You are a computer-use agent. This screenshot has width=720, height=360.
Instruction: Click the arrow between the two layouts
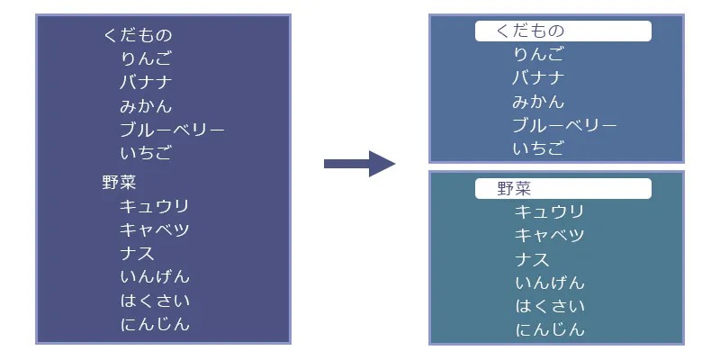(359, 164)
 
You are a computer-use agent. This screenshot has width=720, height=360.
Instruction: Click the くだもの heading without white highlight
(138, 35)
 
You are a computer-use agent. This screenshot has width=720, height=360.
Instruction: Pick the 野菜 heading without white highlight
(120, 183)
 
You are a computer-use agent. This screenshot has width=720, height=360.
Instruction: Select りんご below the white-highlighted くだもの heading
(538, 55)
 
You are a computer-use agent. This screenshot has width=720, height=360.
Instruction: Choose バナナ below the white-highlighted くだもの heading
(538, 78)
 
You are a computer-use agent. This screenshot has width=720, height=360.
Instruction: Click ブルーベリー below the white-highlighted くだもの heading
(564, 125)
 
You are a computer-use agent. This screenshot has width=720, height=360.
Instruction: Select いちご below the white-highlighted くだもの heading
(538, 148)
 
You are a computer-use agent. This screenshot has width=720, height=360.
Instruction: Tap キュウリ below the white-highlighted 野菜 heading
(549, 212)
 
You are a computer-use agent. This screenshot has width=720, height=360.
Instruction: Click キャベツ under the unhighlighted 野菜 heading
(155, 229)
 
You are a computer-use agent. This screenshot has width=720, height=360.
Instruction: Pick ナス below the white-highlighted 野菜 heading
(531, 259)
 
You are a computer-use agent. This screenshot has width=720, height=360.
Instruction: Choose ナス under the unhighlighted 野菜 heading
(137, 253)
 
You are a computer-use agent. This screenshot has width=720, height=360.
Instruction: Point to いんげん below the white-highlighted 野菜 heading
(549, 283)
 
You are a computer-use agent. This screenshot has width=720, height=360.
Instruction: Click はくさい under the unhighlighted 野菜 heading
(155, 300)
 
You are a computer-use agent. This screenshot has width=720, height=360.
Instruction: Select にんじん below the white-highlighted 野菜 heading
(549, 329)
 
